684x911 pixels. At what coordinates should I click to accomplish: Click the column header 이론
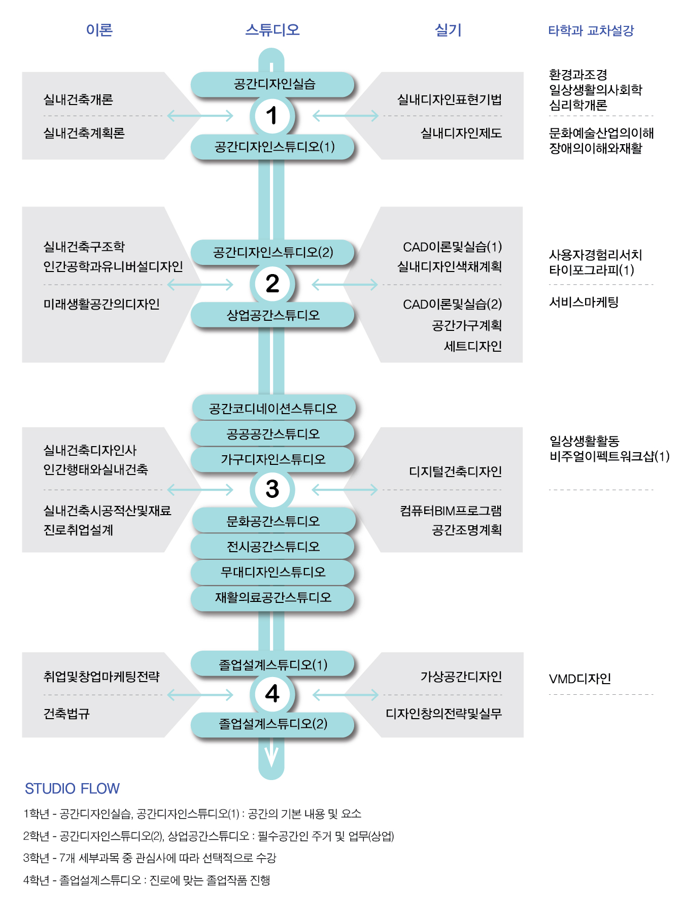[x=99, y=30]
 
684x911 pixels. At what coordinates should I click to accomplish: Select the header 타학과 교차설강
[x=591, y=30]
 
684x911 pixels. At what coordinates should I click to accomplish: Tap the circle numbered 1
[x=272, y=116]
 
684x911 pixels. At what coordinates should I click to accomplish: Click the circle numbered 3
[x=272, y=489]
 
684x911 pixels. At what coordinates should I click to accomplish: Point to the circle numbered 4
[x=272, y=694]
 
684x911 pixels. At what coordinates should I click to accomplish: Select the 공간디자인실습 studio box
[x=272, y=84]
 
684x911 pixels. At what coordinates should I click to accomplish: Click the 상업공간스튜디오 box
[x=272, y=315]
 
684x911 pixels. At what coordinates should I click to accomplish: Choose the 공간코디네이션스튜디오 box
[x=273, y=408]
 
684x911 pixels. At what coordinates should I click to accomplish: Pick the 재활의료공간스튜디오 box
[x=272, y=597]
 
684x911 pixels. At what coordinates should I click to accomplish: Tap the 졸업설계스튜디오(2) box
[x=272, y=724]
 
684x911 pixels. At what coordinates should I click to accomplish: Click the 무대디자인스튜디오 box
[x=272, y=572]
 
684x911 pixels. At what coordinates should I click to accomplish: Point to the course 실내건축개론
[x=78, y=99]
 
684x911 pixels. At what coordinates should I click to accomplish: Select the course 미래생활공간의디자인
[x=101, y=304]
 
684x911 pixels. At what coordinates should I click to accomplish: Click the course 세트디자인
[x=472, y=346]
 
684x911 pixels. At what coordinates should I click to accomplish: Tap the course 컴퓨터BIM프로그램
[x=451, y=511]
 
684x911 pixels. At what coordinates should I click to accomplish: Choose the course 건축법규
[x=66, y=714]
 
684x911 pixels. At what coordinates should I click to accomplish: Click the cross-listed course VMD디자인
[x=579, y=679]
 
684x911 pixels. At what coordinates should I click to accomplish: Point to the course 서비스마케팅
[x=584, y=302]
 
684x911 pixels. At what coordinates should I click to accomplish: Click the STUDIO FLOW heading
[x=72, y=788]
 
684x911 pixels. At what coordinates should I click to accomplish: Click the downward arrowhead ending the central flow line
[x=271, y=759]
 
